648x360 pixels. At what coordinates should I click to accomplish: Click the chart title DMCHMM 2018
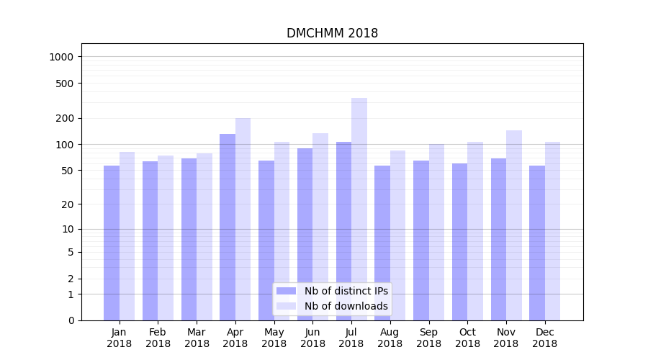point(332,33)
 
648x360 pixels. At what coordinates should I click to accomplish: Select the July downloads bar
point(359,209)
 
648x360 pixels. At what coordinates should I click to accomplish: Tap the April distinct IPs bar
point(228,227)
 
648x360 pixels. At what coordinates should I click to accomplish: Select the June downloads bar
point(320,227)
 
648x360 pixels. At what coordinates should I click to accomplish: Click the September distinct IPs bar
point(421,240)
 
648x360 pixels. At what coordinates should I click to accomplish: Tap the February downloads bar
point(166,238)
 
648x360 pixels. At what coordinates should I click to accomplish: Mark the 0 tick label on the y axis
point(71,320)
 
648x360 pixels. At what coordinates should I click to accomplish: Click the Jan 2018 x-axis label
point(120,338)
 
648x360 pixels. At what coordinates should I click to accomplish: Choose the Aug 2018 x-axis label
point(390,338)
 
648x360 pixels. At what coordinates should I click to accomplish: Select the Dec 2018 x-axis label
point(545,338)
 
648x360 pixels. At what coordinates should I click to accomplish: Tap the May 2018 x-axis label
point(274,338)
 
